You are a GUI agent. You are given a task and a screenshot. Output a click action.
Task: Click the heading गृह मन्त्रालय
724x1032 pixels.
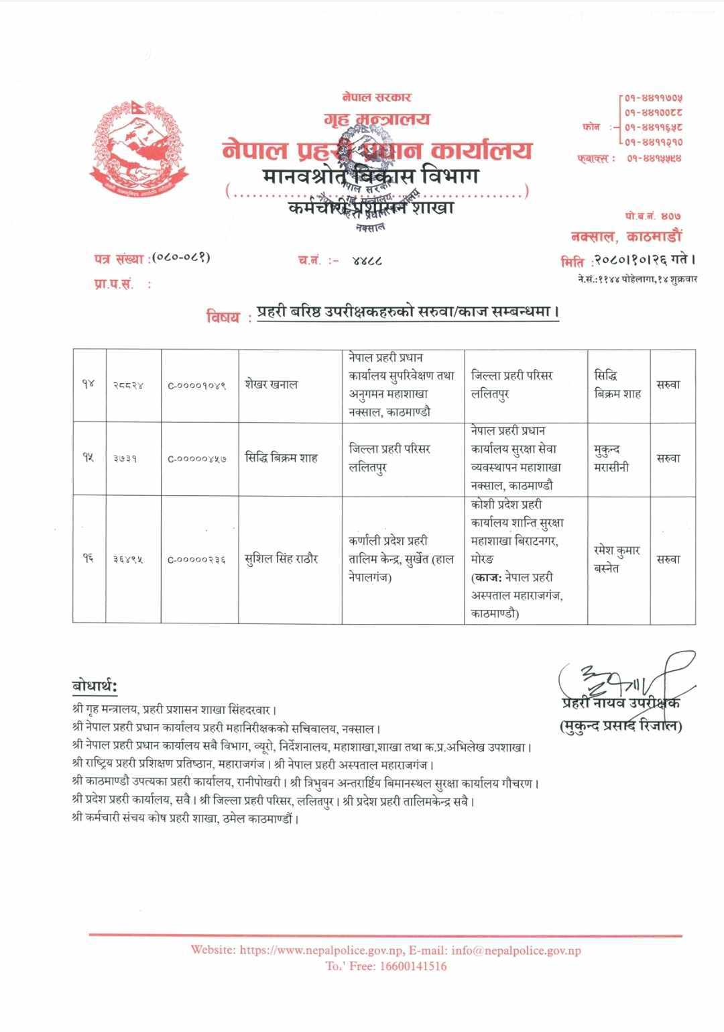tap(376, 119)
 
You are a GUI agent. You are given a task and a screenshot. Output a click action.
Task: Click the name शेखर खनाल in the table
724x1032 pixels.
tap(271, 384)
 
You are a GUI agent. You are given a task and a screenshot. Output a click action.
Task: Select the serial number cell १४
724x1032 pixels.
tap(89, 384)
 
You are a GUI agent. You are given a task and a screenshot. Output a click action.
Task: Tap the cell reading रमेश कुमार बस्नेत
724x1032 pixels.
tap(616, 559)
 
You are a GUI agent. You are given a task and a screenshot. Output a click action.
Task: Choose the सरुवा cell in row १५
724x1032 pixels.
tap(668, 458)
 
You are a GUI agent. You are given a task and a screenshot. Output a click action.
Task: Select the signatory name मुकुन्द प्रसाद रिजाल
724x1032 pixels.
tap(621, 725)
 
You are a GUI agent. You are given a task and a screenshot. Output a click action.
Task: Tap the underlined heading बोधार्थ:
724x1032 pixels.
tap(95, 686)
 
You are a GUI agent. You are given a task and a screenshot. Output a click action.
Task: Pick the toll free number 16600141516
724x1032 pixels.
tap(413, 966)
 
